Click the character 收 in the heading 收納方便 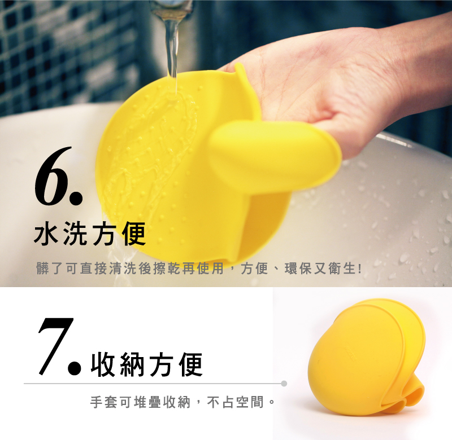point(103,364)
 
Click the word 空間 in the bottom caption point(250,402)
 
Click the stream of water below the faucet point(172,49)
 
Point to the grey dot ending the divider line point(284,384)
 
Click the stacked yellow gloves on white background point(367,357)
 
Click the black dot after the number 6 point(76,198)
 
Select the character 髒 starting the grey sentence point(43,269)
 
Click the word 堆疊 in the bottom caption point(147,402)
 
